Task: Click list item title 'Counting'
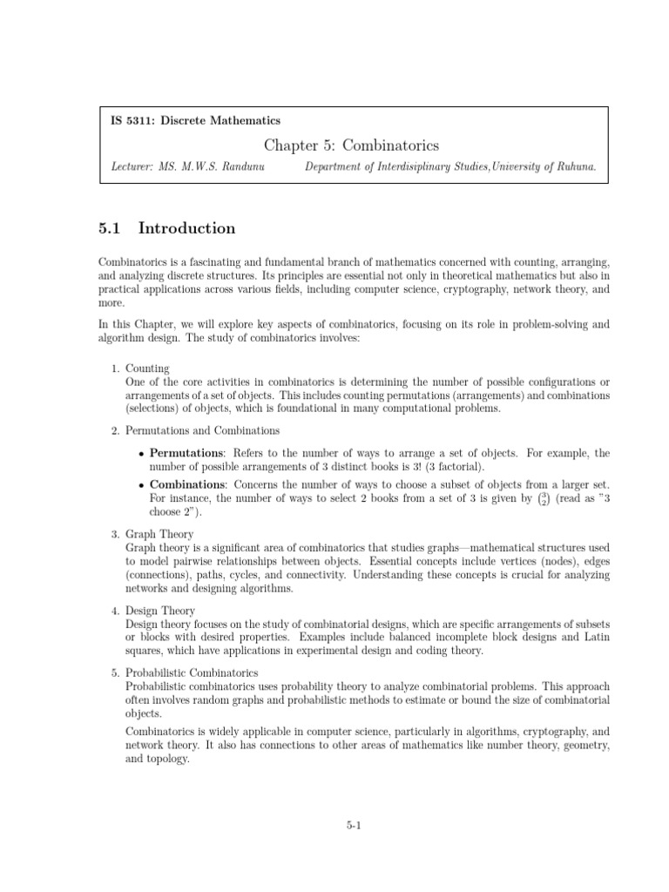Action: pos(147,368)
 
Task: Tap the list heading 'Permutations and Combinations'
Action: pos(203,430)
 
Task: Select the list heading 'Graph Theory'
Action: pos(159,534)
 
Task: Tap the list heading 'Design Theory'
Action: pos(160,611)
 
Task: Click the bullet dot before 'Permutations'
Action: pos(141,454)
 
